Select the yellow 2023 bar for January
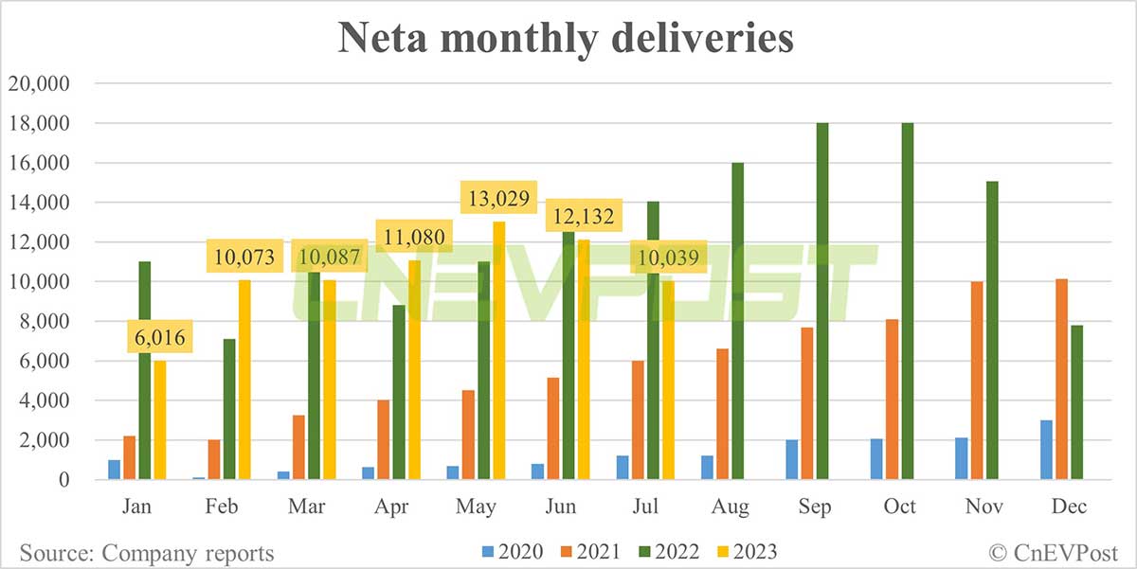point(159,420)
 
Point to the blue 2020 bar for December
point(1047,450)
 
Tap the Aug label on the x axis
point(731,507)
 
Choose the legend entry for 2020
point(511,551)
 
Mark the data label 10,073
point(244,255)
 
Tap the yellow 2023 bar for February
point(244,380)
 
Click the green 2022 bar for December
point(1076,402)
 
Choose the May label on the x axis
point(476,507)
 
